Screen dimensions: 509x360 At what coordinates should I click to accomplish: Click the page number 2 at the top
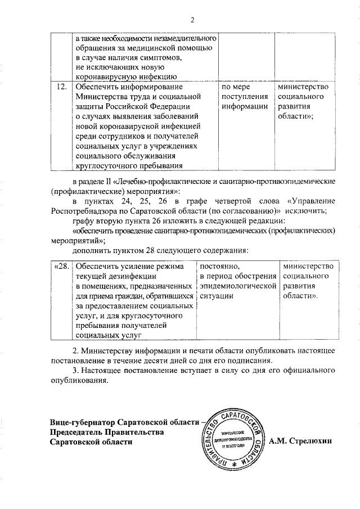click(192, 21)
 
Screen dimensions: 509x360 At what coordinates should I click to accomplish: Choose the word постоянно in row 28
click(220, 266)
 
